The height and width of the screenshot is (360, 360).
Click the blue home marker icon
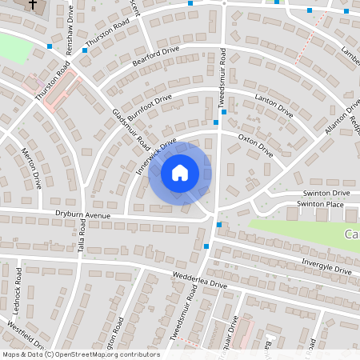click(180, 172)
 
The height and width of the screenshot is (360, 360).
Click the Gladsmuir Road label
click(131, 129)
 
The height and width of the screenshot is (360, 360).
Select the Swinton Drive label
click(326, 194)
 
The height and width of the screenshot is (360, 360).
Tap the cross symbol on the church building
click(33, 5)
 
